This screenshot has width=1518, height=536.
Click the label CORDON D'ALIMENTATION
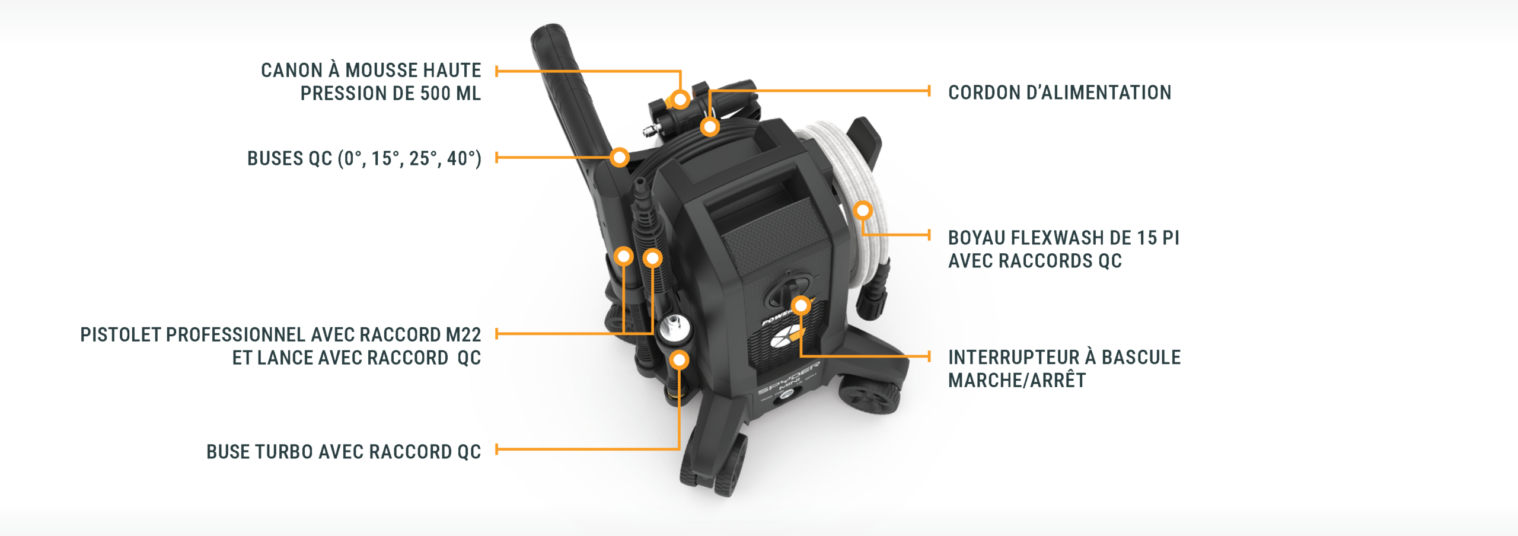click(x=1060, y=92)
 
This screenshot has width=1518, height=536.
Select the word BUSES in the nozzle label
click(x=275, y=159)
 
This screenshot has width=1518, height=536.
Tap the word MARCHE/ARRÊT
click(x=1017, y=381)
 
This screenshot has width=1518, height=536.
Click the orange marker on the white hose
click(x=863, y=210)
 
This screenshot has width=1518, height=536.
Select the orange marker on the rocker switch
click(x=801, y=305)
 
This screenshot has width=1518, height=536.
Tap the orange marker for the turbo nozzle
click(x=679, y=359)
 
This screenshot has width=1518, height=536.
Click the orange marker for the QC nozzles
click(x=620, y=157)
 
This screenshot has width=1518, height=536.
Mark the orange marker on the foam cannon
click(x=681, y=98)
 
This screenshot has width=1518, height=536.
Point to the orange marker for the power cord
click(x=710, y=126)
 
